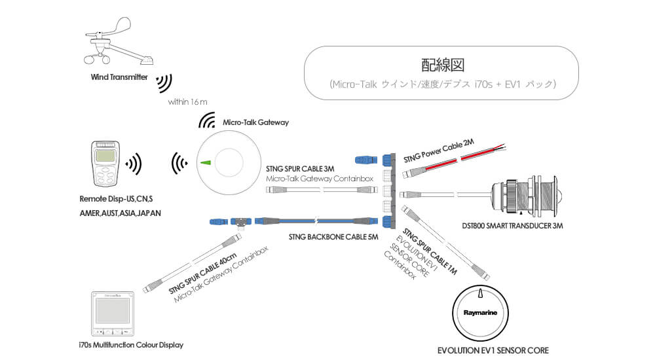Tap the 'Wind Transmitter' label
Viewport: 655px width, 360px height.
119,77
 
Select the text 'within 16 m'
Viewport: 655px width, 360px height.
187,102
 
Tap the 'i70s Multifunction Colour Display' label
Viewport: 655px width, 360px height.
132,344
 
